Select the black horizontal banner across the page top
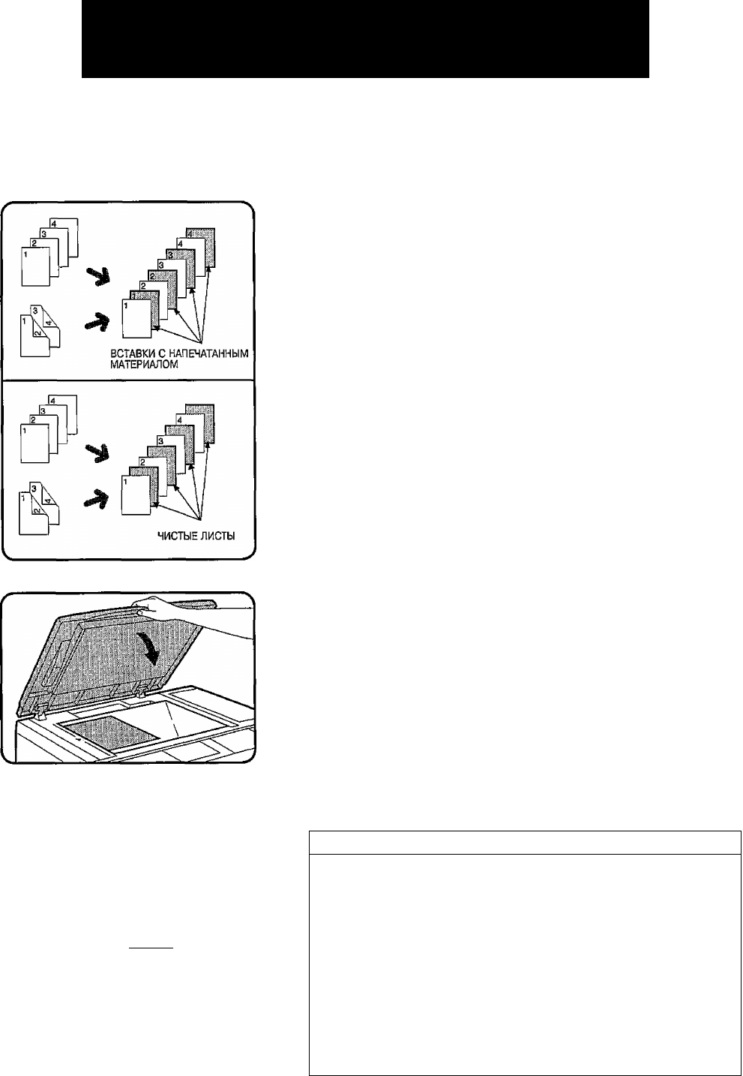point(365,39)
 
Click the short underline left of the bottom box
point(151,948)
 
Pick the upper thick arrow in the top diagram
point(98,277)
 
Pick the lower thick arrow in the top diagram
point(97,321)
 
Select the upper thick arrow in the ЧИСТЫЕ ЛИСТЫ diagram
point(97,453)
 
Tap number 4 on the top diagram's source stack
point(54,224)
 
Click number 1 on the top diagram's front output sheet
point(126,305)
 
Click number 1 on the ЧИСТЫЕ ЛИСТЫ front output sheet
point(125,482)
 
